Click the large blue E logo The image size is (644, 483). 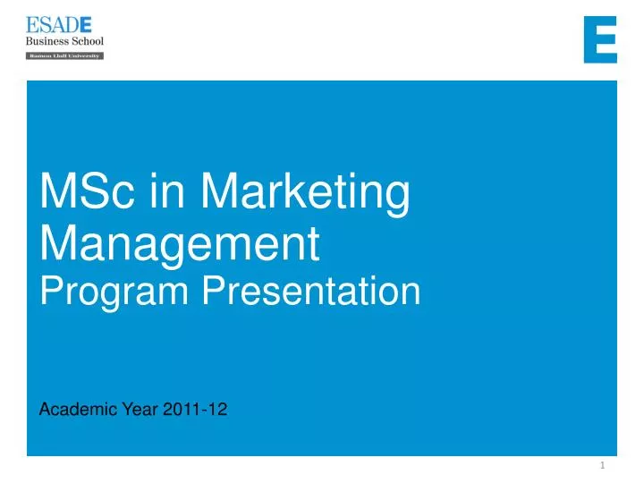pos(600,39)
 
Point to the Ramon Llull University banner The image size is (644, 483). pos(64,55)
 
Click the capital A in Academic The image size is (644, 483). pos(47,410)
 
